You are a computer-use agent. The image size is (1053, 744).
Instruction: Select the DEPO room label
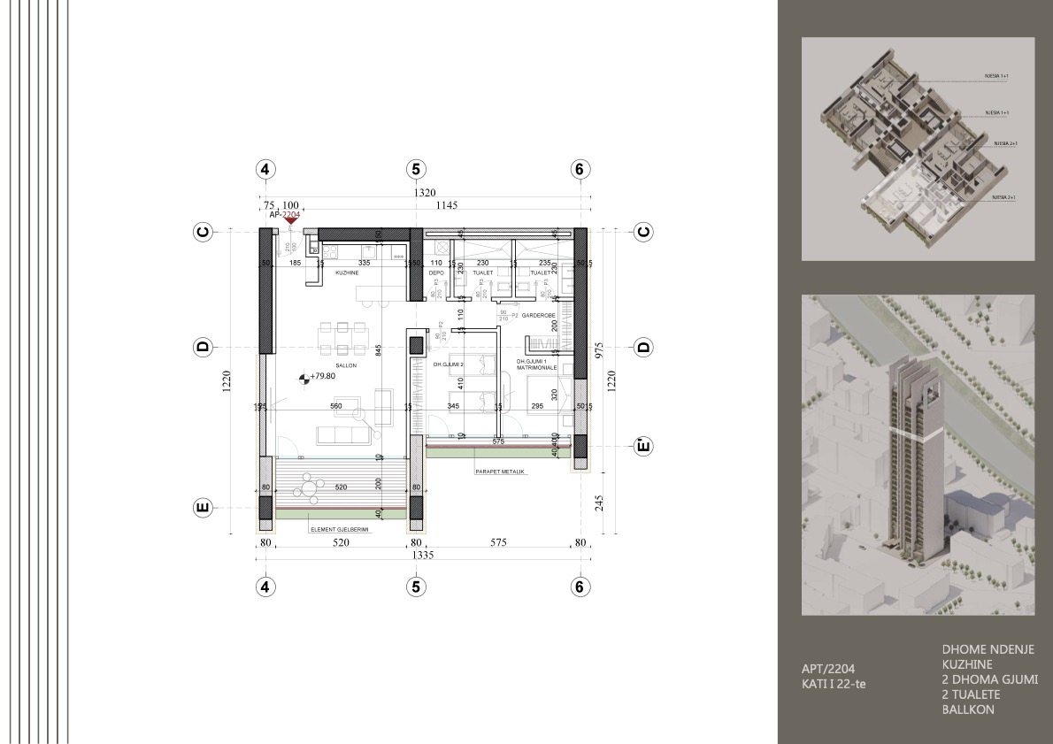tap(435, 273)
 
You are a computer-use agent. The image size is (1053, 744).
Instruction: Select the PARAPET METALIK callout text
tap(499, 472)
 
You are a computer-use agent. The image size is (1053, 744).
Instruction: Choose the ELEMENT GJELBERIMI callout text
tap(339, 529)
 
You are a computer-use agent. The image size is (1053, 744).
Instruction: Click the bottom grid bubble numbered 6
tap(579, 586)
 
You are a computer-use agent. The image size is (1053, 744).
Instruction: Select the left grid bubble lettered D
tap(203, 348)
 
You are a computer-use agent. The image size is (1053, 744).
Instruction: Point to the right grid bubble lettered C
tap(643, 232)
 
